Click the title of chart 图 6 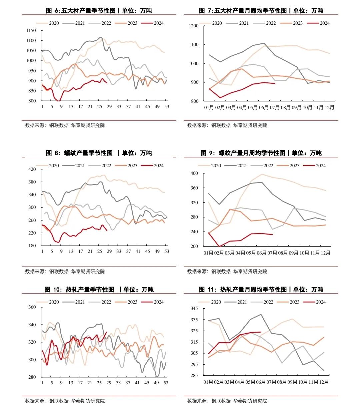(99, 11)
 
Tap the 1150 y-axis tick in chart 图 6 (31, 31)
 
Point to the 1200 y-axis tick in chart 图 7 (194, 26)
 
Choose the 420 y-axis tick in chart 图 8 (32, 169)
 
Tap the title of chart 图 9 (261, 153)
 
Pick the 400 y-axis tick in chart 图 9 (194, 173)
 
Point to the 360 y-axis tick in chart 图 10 (32, 307)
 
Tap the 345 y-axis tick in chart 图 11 (194, 309)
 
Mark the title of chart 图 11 (261, 290)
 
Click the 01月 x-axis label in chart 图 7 (209, 107)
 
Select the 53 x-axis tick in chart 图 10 (166, 383)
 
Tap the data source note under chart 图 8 (65, 272)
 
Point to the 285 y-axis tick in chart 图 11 (194, 376)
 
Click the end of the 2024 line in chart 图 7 (275, 83)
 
